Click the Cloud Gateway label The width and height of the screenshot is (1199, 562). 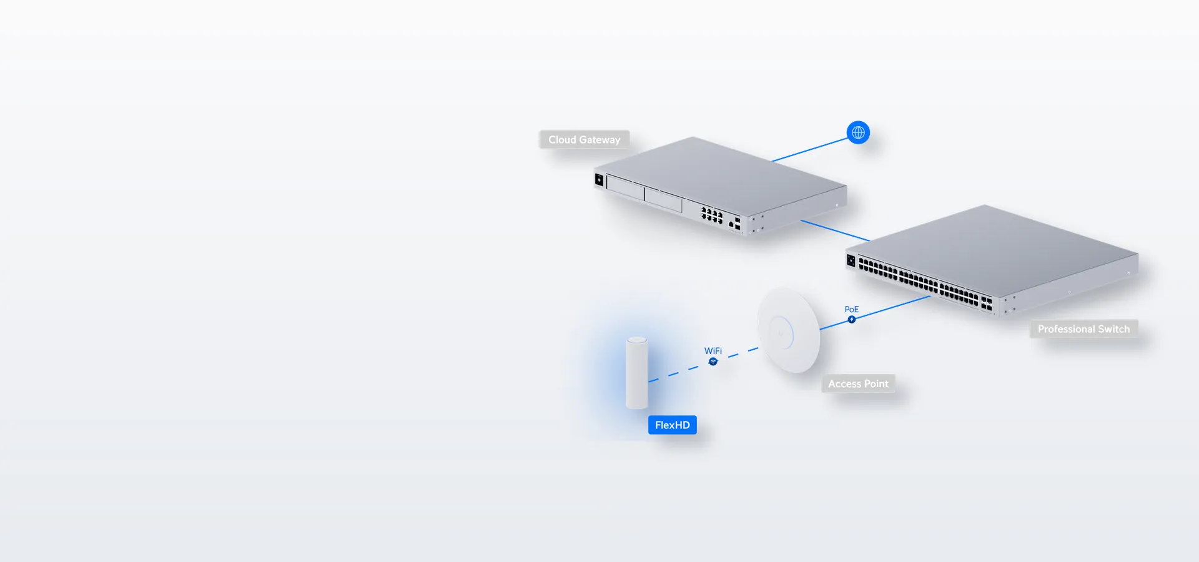585,139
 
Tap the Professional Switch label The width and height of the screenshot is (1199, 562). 1084,329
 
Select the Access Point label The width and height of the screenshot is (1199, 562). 858,383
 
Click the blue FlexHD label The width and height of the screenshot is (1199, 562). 673,425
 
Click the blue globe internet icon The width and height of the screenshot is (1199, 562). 858,132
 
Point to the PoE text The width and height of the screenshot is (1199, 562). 852,309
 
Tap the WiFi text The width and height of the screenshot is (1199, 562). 713,351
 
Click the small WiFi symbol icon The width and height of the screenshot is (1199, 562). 713,362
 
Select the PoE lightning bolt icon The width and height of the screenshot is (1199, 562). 852,320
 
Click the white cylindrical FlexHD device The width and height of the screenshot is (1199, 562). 637,373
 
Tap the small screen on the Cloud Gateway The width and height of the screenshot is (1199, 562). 599,180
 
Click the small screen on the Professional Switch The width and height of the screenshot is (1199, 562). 851,260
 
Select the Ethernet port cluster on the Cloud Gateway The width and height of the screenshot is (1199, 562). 712,215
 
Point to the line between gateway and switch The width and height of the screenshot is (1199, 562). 835,230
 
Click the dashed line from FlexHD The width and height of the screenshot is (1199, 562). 704,365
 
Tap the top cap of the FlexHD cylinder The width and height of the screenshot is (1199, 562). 637,340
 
